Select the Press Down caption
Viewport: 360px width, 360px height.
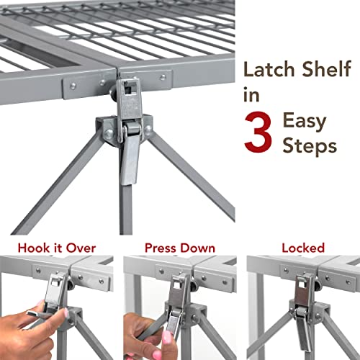[179, 248]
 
